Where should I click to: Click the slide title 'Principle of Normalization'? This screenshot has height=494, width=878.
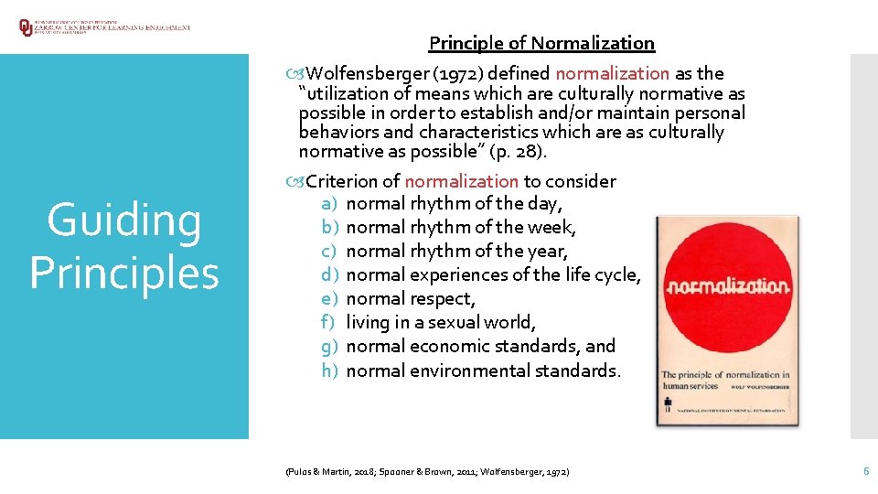pos(541,43)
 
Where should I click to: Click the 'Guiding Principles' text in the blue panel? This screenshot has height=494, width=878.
pos(124,246)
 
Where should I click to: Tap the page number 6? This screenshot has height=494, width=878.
pos(865,470)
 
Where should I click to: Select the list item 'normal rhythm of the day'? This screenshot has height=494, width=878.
pos(455,203)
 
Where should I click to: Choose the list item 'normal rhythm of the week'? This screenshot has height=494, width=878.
pos(461,227)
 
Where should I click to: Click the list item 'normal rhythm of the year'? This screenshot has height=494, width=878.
pos(457,251)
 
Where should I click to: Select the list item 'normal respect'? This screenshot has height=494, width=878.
pos(411,298)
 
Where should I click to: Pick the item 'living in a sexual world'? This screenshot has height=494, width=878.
pos(441,322)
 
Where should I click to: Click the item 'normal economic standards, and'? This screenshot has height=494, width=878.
pos(481,346)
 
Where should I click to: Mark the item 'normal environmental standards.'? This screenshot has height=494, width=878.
pos(484,370)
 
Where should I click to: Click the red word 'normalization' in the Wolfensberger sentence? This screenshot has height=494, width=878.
pos(612,73)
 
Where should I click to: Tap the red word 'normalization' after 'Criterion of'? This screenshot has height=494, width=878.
pos(461,181)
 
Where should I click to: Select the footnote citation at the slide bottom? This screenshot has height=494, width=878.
pos(426,471)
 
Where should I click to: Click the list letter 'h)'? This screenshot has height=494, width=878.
pos(330,370)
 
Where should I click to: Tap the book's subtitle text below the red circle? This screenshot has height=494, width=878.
pos(725,381)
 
